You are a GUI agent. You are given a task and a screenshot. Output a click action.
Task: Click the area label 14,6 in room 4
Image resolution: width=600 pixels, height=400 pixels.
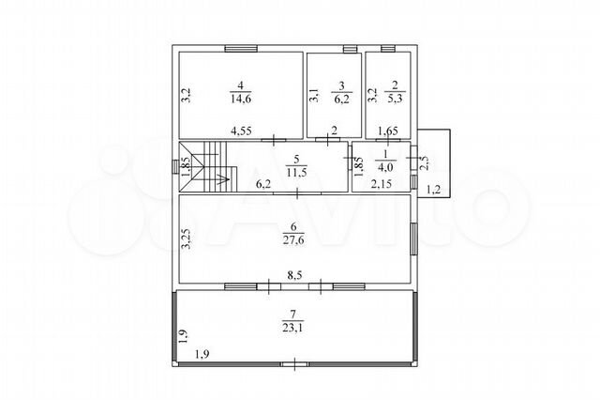click(241, 99)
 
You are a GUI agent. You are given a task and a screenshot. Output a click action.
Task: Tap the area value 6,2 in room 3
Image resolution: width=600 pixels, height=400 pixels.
click(341, 100)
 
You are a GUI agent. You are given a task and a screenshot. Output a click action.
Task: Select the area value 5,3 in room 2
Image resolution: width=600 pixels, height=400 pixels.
click(395, 99)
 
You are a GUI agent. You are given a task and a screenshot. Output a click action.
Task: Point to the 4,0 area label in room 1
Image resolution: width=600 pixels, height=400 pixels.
click(385, 168)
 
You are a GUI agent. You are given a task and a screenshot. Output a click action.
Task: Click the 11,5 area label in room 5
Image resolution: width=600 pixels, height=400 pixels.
click(296, 172)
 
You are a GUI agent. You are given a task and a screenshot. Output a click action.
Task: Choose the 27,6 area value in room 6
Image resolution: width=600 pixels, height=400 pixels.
click(293, 240)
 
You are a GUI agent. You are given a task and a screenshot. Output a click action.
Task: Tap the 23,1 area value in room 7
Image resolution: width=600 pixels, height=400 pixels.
click(293, 328)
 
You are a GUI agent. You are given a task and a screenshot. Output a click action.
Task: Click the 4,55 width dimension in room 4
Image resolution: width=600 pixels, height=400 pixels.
click(241, 131)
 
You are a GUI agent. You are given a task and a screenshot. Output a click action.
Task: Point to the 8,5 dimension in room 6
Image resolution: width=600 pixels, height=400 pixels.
click(295, 275)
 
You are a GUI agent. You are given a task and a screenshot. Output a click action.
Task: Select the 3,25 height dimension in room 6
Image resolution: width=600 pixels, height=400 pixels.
click(187, 238)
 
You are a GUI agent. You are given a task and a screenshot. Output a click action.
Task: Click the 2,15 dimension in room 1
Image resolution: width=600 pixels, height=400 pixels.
click(382, 184)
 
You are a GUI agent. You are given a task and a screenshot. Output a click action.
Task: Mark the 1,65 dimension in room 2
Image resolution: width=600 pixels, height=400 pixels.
click(388, 131)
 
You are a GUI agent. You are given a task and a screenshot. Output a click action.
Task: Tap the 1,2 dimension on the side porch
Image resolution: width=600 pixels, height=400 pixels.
click(433, 189)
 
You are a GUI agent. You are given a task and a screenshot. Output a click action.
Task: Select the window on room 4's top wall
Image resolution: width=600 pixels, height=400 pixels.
click(241, 49)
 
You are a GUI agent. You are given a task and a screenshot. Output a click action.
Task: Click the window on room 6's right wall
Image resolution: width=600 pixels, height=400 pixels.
click(414, 238)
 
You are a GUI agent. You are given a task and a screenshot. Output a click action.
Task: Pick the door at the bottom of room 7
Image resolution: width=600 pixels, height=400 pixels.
click(295, 364)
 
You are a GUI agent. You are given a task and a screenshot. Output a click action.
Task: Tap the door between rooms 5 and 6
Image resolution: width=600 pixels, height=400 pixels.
click(297, 193)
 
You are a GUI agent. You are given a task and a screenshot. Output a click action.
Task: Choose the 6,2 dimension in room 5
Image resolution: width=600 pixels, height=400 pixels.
click(263, 184)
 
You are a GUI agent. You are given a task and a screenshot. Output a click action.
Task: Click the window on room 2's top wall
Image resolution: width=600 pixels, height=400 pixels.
click(387, 49)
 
